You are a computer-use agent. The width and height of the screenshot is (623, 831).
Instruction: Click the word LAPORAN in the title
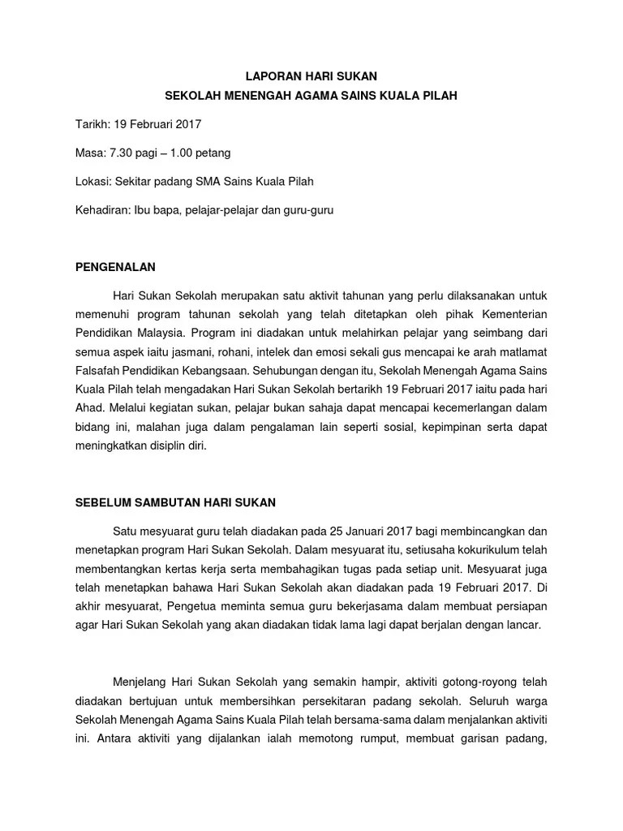[x=272, y=77]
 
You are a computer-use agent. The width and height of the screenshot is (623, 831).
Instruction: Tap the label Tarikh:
[x=91, y=124]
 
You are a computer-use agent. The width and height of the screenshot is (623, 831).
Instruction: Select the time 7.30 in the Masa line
[x=121, y=153]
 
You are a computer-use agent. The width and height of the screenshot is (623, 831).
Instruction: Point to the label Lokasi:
[x=92, y=181]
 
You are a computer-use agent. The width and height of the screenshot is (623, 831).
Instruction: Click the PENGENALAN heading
[x=115, y=266]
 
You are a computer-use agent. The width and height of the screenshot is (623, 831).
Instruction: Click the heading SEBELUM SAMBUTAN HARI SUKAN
[x=175, y=502]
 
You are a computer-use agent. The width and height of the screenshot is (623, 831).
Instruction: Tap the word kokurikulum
[x=485, y=550]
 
